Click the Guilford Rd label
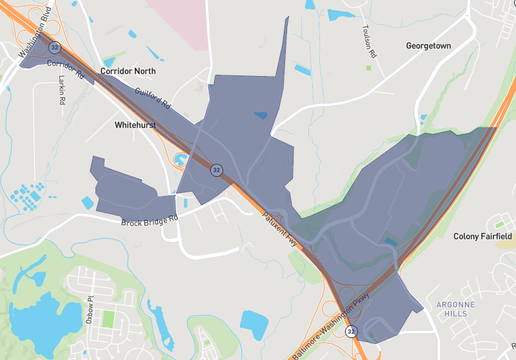coord(154,98)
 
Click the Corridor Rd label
coord(66,69)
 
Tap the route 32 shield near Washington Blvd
coord(57,47)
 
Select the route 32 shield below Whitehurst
coord(215,170)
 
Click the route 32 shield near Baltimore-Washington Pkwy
coord(351,330)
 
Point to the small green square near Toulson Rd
coord(368,68)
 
